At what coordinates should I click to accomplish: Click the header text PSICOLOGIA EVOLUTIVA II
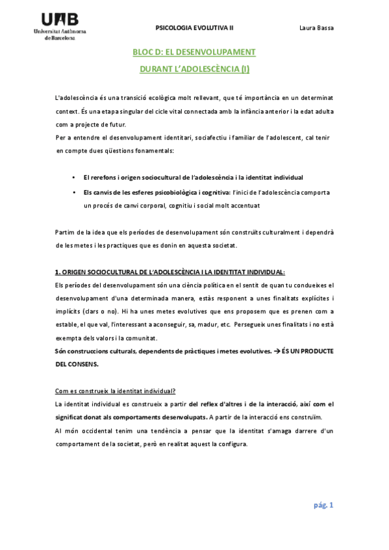[x=194, y=28]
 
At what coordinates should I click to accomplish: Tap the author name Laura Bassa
[x=316, y=28]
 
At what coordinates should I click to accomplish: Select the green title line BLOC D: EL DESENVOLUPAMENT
[x=194, y=52]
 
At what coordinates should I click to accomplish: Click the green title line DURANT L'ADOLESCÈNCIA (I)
[x=194, y=68]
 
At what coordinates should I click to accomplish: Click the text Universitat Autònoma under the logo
[x=63, y=32]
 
